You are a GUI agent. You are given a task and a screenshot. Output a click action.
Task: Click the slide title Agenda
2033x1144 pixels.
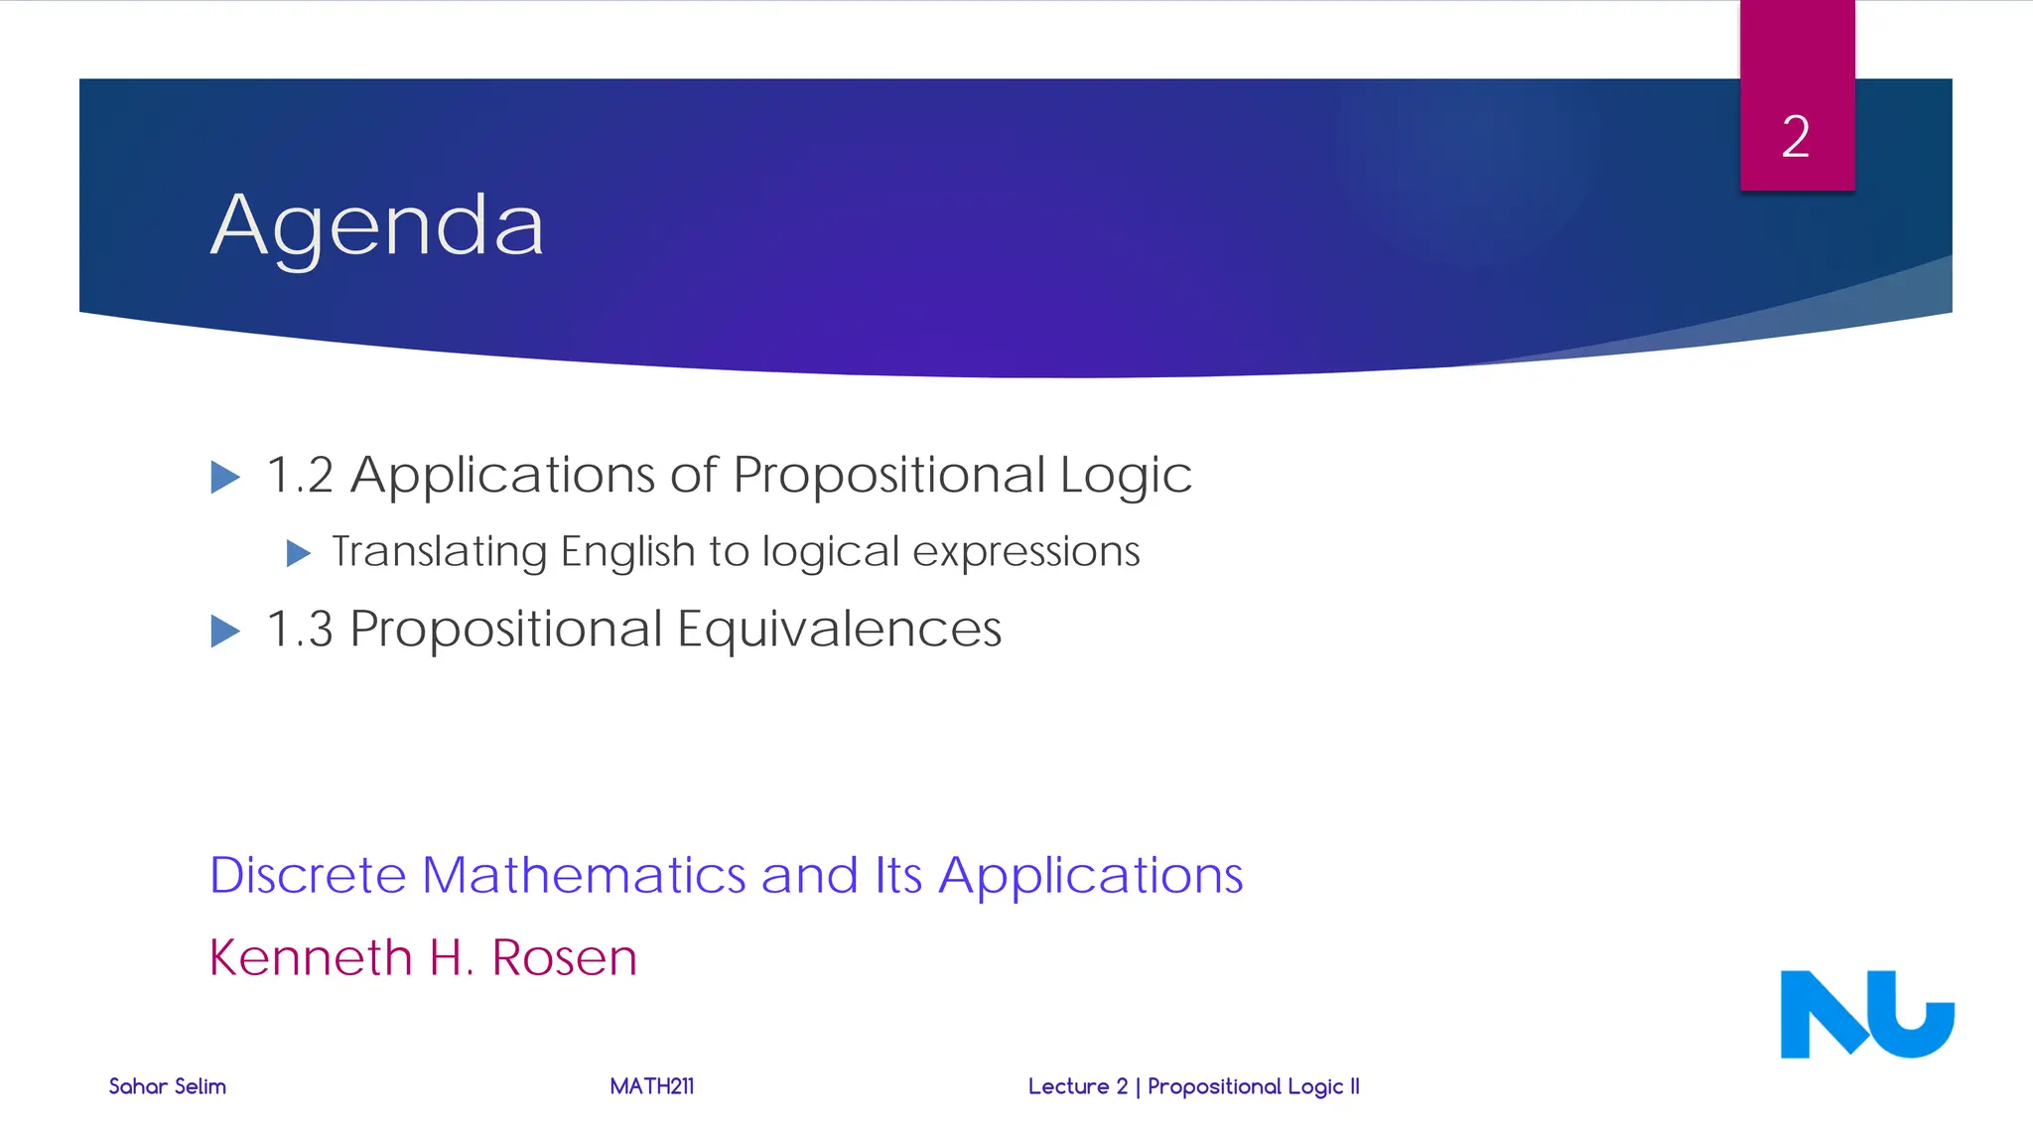coord(377,226)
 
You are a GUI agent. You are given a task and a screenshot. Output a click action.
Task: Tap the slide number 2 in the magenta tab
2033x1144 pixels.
coord(1796,136)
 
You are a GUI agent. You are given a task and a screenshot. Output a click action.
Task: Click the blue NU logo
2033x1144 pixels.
coord(1866,1014)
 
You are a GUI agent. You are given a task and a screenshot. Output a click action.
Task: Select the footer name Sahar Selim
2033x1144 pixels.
coord(167,1086)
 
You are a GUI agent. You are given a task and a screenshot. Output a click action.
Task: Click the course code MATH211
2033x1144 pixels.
coord(651,1086)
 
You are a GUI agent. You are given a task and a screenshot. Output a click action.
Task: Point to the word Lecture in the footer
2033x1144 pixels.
coord(1068,1086)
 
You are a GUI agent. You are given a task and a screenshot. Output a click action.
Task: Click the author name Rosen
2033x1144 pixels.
coord(564,958)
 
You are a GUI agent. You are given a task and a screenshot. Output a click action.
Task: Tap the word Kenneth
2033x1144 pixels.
coord(310,958)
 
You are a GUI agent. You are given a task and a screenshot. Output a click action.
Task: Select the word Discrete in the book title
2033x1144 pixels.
coord(308,876)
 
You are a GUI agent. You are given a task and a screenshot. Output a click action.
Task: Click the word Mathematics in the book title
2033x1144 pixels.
coord(583,876)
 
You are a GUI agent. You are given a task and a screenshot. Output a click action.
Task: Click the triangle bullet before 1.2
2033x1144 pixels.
coord(225,478)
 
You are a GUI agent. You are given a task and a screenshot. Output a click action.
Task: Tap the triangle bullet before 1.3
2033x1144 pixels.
coord(225,632)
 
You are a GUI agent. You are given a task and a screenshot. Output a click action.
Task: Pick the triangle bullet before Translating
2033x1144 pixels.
coord(298,553)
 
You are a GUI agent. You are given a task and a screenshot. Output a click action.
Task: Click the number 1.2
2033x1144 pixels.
coord(300,476)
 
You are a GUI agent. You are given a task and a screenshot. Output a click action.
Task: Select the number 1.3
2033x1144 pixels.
coord(300,630)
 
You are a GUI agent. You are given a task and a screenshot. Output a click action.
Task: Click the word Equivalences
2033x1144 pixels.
coord(840,630)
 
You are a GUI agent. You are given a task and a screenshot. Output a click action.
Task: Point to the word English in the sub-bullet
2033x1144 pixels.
coord(627,552)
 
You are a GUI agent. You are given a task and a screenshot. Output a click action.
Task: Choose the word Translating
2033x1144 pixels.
coord(439,552)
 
